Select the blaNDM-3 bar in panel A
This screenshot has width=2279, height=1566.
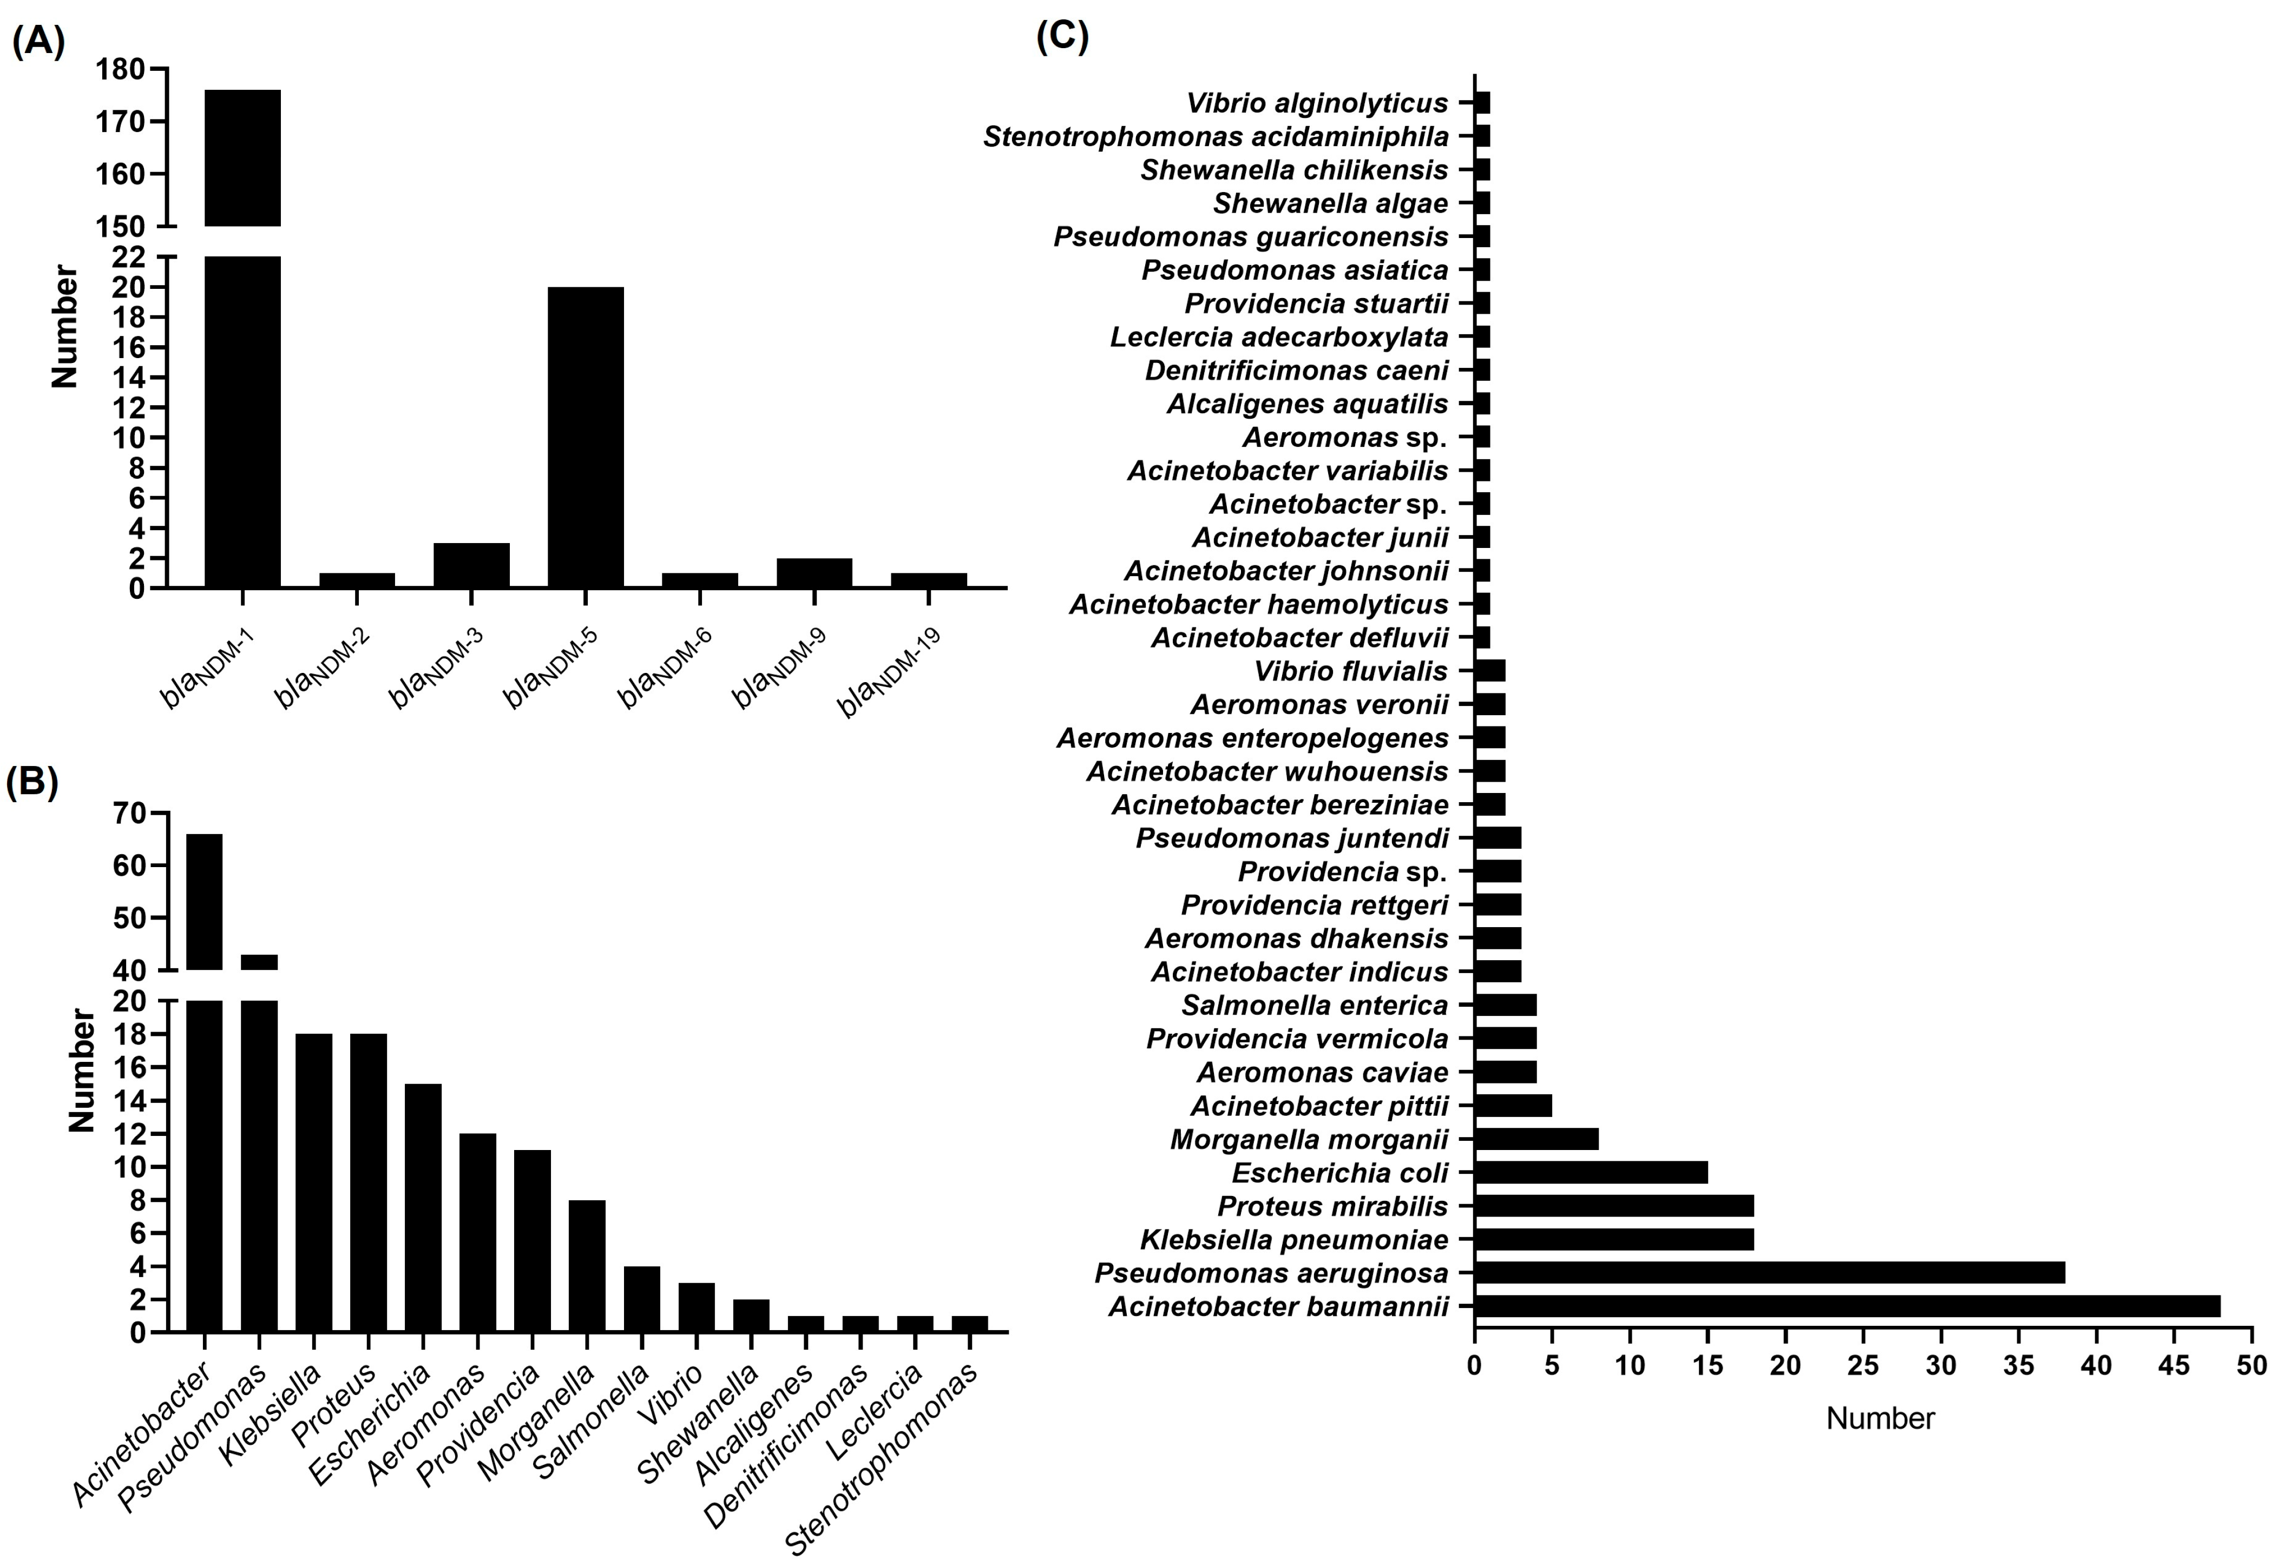pos(471,565)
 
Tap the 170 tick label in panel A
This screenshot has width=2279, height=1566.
pos(120,122)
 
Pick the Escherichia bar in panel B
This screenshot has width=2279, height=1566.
pos(423,1207)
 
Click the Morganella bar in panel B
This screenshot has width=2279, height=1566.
pos(587,1266)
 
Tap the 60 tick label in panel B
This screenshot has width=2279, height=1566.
pos(129,865)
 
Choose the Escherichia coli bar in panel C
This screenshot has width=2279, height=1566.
pos(1590,1173)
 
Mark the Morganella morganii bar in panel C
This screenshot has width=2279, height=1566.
pos(1536,1139)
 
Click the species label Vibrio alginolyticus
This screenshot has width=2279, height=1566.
pos(1316,103)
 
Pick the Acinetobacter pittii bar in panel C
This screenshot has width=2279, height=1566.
pos(1513,1106)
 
